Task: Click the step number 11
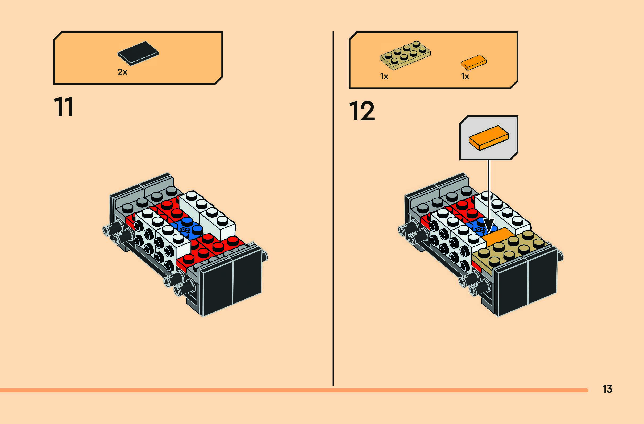tap(64, 107)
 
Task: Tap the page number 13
tap(607, 389)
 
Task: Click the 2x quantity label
tap(122, 72)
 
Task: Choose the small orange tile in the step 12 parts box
tap(473, 62)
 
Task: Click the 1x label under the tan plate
tap(384, 77)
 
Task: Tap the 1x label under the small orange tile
tap(465, 77)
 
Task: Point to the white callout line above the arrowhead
tap(489, 189)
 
